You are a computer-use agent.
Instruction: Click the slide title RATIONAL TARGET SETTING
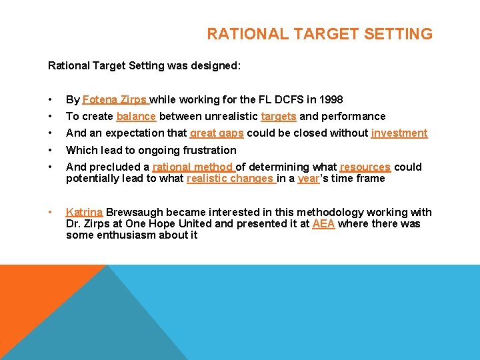[x=319, y=34]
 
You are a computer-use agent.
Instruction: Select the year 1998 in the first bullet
[x=331, y=100]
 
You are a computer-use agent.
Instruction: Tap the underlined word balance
[x=136, y=117]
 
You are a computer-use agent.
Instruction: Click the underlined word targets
[x=279, y=117]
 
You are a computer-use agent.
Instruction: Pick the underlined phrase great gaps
[x=217, y=133]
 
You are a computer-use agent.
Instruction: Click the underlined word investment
[x=399, y=133]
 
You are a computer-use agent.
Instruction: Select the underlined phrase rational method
[x=193, y=167]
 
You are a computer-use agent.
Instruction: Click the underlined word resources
[x=365, y=167]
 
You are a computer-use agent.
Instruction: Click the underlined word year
[x=308, y=178]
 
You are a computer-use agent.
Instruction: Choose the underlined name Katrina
[x=84, y=212]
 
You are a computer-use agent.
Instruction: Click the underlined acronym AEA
[x=323, y=223]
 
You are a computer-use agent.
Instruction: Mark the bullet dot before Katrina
[x=51, y=212]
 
